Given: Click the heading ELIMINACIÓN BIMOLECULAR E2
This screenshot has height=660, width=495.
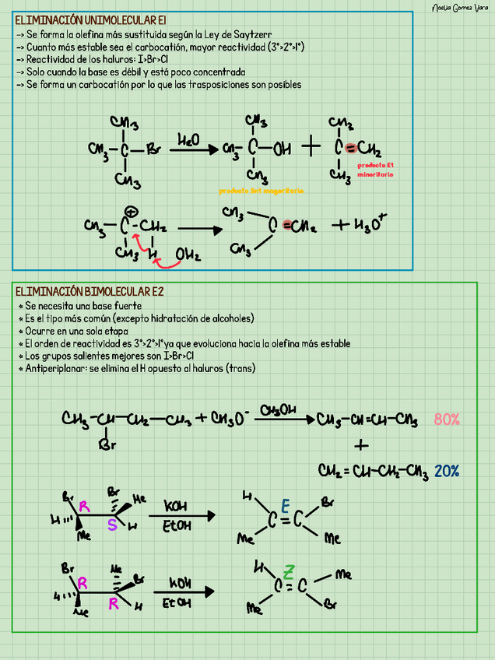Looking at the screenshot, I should [x=90, y=291].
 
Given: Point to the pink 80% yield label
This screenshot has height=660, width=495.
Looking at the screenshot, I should [x=447, y=420].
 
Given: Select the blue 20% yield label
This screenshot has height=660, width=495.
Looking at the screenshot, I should [x=447, y=471].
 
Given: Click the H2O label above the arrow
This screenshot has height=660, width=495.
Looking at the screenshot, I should [x=188, y=139].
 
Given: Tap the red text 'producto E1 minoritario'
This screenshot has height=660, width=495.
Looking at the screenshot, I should [x=375, y=170].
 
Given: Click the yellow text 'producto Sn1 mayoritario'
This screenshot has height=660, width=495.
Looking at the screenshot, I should [x=261, y=191].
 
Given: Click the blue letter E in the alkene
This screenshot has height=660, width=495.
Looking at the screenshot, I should [x=286, y=507].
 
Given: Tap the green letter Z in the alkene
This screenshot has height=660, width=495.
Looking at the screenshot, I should [x=288, y=573].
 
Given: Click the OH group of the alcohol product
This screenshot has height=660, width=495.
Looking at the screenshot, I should [x=280, y=148].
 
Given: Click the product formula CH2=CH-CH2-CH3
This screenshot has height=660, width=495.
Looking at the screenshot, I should [x=374, y=471].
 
